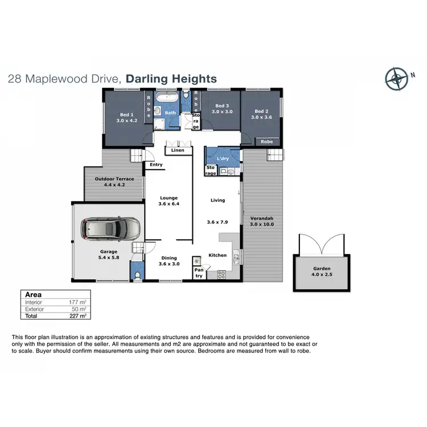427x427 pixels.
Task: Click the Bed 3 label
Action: (222, 105)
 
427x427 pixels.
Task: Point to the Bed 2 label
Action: (261, 111)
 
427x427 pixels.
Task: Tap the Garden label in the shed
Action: (321, 269)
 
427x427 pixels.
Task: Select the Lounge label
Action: (169, 198)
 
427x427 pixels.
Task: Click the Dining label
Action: (169, 258)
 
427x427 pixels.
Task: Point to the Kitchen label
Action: (217, 255)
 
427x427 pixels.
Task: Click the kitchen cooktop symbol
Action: (221, 275)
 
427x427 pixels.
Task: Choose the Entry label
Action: (156, 165)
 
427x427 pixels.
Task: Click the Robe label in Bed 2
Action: (266, 141)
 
